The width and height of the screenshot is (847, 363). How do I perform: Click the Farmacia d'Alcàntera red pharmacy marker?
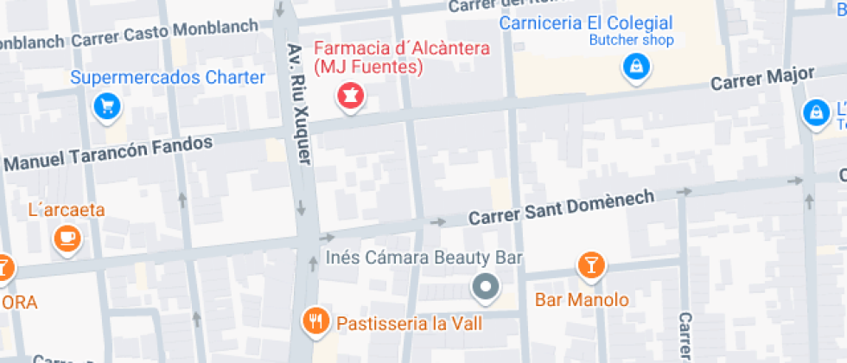click(x=351, y=96)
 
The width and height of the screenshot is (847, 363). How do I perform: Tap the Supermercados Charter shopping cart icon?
click(x=106, y=106)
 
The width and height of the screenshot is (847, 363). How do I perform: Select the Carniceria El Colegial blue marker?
click(x=636, y=67)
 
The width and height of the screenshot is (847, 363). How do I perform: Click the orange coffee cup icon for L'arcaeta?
click(x=67, y=238)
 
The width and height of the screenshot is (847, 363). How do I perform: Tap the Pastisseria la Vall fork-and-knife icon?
click(x=317, y=322)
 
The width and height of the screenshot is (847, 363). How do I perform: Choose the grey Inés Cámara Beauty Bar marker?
click(x=487, y=286)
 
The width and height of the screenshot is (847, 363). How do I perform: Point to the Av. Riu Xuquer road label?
click(x=299, y=103)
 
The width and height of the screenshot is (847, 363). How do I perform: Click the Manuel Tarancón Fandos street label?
click(x=108, y=152)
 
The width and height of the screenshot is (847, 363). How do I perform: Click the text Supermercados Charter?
click(x=168, y=78)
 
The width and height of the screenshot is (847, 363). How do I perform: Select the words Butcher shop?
click(x=631, y=40)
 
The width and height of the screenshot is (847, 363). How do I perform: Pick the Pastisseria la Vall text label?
click(x=409, y=323)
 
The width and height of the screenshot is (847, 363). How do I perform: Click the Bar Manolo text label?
click(x=582, y=301)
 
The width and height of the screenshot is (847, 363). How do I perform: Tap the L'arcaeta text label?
click(x=67, y=210)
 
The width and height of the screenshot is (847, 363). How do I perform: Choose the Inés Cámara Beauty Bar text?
click(x=423, y=258)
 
